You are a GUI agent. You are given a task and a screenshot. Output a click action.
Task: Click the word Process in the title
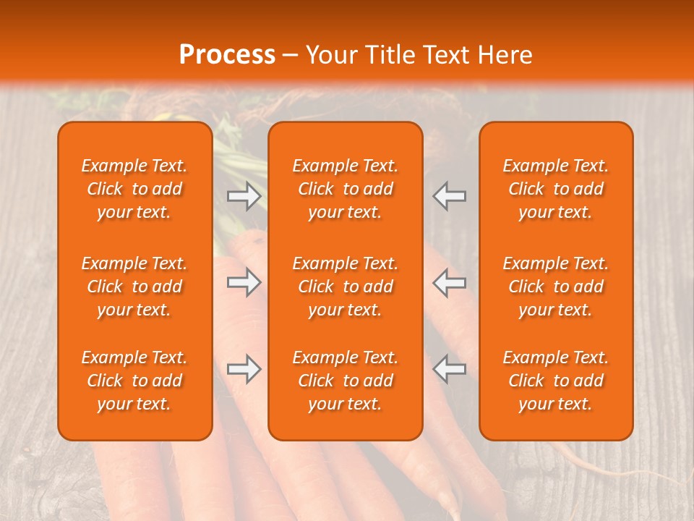[x=227, y=54]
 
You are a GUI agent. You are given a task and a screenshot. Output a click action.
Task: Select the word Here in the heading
[x=504, y=55]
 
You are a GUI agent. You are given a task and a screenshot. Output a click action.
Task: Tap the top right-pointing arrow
[x=244, y=196]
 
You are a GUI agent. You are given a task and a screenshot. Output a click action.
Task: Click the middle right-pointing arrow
[x=244, y=282]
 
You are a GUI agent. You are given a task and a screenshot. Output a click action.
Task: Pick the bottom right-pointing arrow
[x=244, y=369]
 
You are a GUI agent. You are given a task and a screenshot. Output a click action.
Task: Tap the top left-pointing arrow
[x=450, y=196]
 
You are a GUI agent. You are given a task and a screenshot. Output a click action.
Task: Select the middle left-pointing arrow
[x=450, y=282]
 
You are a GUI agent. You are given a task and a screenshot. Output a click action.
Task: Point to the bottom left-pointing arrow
[x=450, y=369]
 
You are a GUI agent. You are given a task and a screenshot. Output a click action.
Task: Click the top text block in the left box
[x=134, y=189]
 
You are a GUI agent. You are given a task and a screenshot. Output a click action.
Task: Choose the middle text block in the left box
[x=134, y=287]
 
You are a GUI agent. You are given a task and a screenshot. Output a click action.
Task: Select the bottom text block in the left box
[x=134, y=381]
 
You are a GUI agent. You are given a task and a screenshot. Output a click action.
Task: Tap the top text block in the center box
[x=346, y=189]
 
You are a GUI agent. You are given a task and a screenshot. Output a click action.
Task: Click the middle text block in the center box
[x=346, y=287]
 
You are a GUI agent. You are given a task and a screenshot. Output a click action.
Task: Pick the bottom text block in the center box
[x=346, y=381]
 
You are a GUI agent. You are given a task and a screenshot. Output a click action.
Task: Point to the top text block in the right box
[x=556, y=189]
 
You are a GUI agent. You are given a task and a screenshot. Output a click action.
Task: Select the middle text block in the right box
[x=556, y=287]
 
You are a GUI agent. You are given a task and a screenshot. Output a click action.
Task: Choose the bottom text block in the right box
[x=556, y=381]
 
